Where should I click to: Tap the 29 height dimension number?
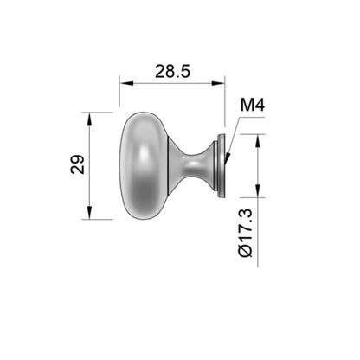click(76, 165)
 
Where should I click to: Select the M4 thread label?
click(251, 105)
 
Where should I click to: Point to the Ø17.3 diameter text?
click(244, 231)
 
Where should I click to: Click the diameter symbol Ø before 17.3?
click(244, 250)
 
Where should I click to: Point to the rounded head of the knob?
click(138, 164)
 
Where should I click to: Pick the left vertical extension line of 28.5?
click(119, 95)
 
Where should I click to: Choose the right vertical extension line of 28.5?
click(225, 100)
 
